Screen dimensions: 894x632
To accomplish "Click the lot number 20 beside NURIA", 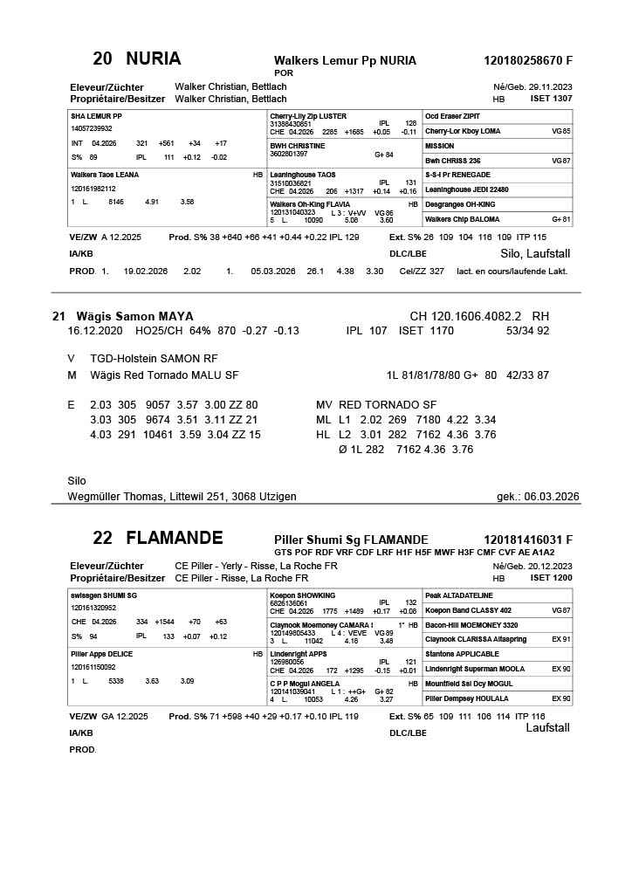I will tap(102, 59).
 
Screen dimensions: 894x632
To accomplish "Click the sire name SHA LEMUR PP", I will tap(96, 116).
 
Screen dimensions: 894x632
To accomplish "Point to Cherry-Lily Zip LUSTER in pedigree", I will tap(308, 116).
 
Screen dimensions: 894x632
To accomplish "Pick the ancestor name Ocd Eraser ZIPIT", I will tap(452, 116).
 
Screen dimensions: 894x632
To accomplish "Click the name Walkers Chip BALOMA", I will tap(463, 219).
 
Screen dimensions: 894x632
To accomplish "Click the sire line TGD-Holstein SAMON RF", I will tap(154, 359).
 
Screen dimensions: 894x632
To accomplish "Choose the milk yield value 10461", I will tap(144, 435).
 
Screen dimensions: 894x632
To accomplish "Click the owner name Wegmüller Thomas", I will tap(116, 497).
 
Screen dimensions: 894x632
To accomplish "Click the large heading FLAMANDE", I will tap(175, 538).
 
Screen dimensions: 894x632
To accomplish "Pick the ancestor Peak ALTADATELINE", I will tap(459, 595).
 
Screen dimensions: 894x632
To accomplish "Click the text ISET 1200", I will tap(552, 579).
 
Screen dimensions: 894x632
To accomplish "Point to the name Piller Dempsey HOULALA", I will tap(468, 698).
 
